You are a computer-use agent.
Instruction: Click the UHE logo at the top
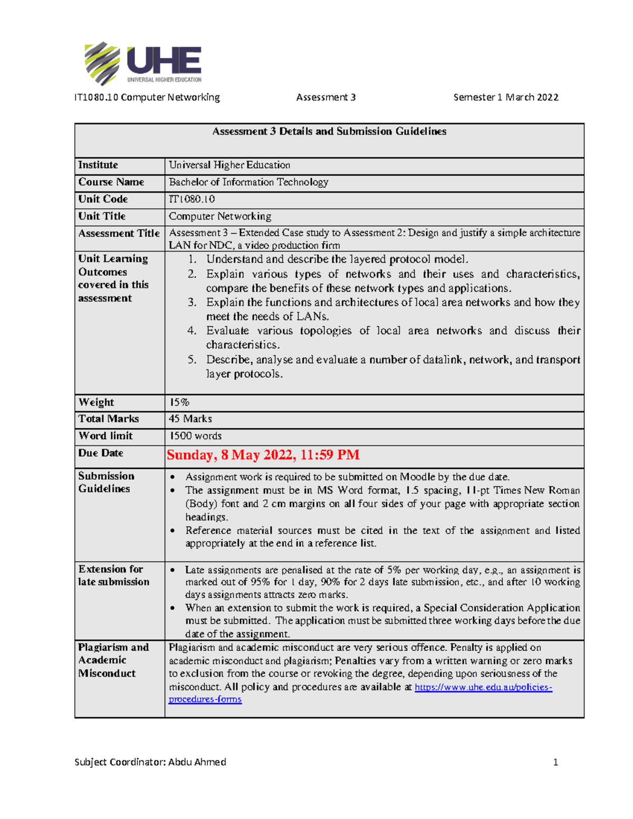coord(143,63)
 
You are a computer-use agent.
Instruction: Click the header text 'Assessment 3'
coord(325,97)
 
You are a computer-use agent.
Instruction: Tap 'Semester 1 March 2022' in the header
coord(505,97)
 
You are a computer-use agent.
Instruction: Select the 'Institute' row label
coord(98,165)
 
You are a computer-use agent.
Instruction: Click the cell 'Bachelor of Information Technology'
coord(248,182)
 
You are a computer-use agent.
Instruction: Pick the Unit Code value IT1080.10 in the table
coord(191,199)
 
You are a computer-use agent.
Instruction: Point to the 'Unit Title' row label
coord(102,216)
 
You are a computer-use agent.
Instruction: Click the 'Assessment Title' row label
coord(119,233)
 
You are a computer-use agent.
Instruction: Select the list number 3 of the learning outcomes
coord(192,302)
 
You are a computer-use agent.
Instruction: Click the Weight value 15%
coord(179,402)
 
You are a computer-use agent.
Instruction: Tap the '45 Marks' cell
coord(190,419)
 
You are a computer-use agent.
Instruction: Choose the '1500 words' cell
coord(195,436)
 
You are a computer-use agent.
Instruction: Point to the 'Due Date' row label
coord(101,453)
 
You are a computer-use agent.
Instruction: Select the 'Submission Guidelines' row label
coord(106,482)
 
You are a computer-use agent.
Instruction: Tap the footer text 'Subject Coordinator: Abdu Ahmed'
coord(150,762)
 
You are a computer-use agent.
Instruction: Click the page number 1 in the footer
coord(555,762)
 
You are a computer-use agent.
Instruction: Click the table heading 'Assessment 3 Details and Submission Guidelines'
coord(329,131)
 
